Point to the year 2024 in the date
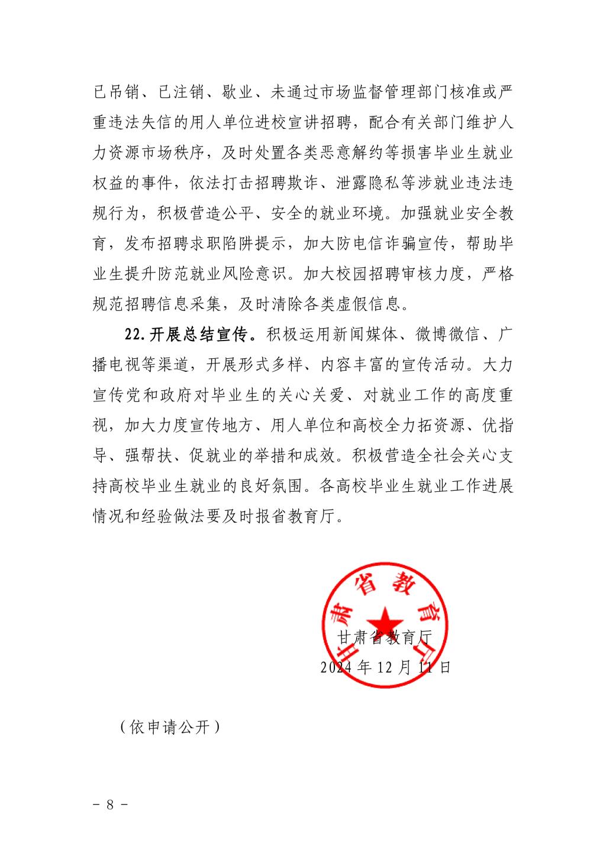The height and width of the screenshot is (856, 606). coord(338,667)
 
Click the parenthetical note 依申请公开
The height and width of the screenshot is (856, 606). coord(169,727)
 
